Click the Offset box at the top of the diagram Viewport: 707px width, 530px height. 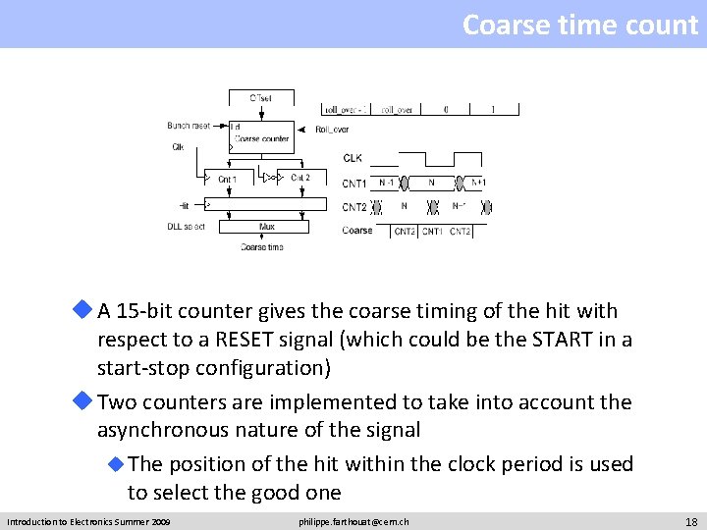260,98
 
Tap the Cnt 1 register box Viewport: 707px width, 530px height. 227,179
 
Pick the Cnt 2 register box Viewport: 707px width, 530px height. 299,179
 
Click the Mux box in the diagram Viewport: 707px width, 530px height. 267,227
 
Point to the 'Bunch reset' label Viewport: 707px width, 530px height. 189,126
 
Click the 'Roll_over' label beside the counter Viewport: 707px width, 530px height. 332,130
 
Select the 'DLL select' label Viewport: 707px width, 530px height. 186,227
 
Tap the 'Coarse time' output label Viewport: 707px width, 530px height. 262,247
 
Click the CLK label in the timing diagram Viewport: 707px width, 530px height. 353,158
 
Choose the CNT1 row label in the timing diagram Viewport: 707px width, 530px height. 354,184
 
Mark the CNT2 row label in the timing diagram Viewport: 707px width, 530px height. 354,207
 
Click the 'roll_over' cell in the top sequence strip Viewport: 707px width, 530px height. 396,110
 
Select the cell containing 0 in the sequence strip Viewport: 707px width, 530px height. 446,110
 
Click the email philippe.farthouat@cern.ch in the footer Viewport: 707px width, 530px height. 353,521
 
